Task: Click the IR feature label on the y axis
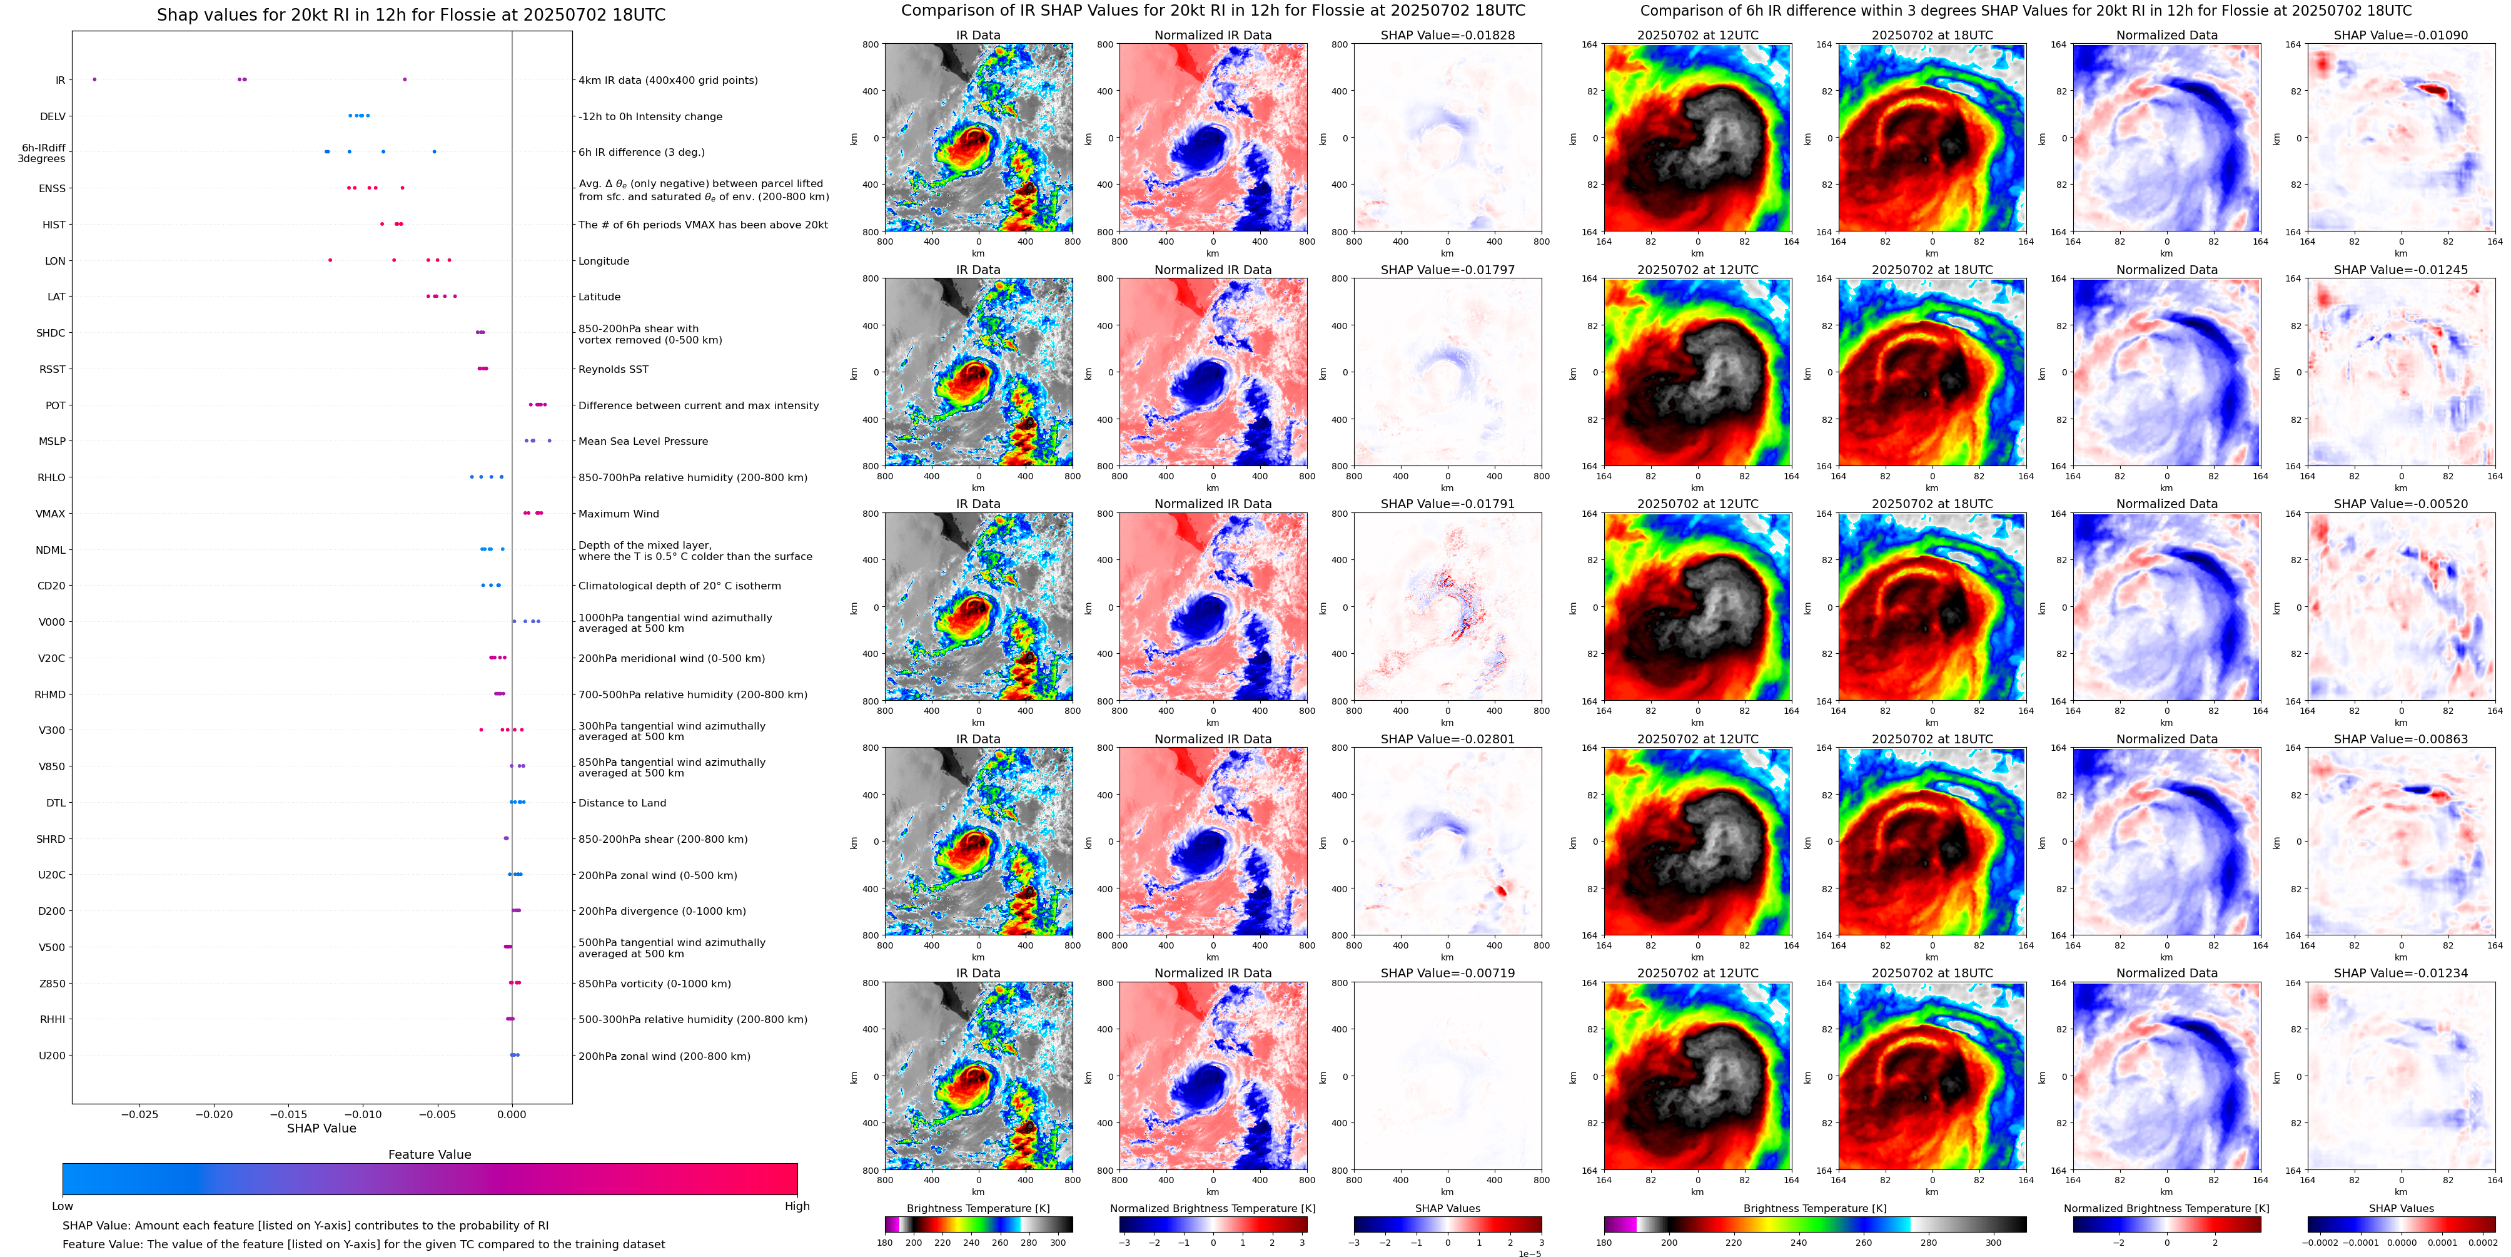point(59,80)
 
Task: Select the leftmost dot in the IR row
point(94,79)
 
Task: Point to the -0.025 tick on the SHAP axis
point(139,1114)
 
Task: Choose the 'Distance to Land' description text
point(622,803)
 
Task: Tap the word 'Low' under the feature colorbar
point(63,1206)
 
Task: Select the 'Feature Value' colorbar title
point(429,1154)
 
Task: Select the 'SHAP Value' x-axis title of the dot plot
point(321,1128)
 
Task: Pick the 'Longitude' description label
point(604,262)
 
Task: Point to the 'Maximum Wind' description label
point(618,514)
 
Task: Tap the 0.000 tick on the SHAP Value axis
point(511,1114)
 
